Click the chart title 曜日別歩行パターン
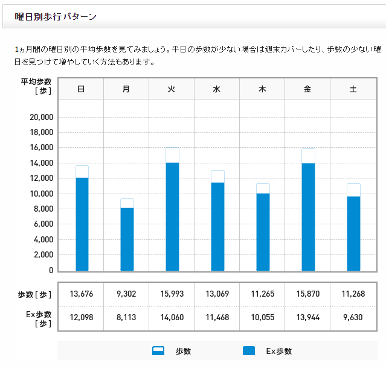click(x=56, y=17)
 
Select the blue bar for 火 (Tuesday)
click(x=172, y=216)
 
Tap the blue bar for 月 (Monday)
click(x=127, y=239)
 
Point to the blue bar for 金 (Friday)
click(x=308, y=216)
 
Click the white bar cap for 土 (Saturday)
click(x=353, y=190)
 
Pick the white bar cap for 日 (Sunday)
click(x=82, y=171)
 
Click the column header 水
click(x=217, y=89)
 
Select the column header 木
click(x=262, y=89)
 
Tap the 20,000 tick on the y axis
click(x=42, y=117)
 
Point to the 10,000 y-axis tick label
click(x=42, y=194)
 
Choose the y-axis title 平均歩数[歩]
click(x=36, y=86)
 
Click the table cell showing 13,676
click(x=81, y=294)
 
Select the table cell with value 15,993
click(x=172, y=294)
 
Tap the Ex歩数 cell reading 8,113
click(x=126, y=318)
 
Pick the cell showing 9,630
click(x=353, y=318)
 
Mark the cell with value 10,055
click(x=262, y=318)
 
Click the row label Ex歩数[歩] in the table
click(x=36, y=318)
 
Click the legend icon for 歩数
click(x=158, y=351)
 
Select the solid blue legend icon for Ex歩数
click(x=248, y=351)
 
